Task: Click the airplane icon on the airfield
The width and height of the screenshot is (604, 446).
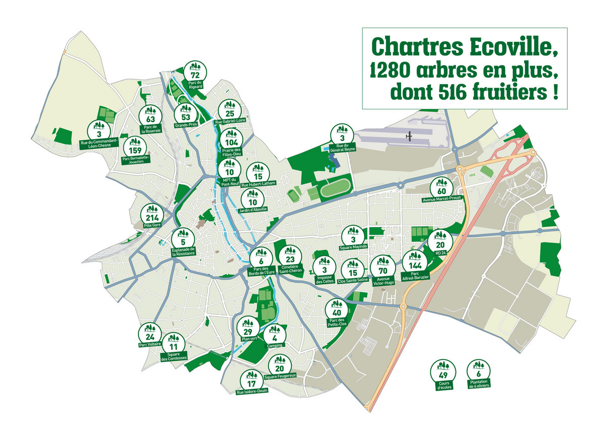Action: tap(410, 136)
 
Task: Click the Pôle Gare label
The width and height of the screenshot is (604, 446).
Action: tap(152, 225)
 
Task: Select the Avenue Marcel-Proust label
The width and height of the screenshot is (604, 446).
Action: tap(442, 199)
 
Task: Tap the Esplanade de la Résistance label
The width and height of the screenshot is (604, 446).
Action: tap(183, 252)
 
